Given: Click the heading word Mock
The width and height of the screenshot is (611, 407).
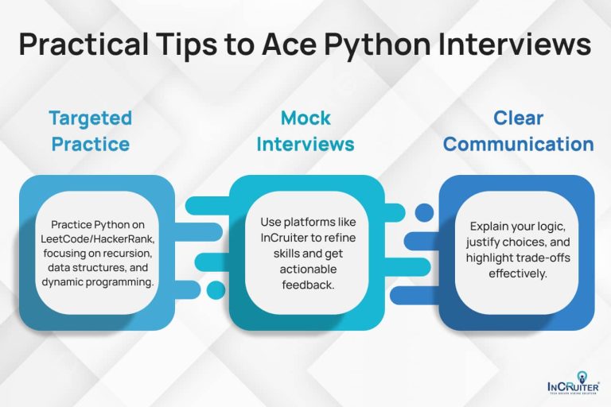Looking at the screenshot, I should tap(305, 118).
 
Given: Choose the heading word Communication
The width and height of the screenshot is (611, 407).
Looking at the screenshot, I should tap(518, 145).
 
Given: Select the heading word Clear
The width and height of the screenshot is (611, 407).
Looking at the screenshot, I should tap(518, 118).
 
